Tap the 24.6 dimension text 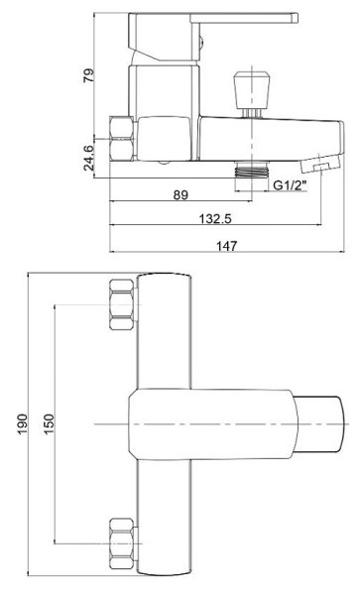[x=88, y=158]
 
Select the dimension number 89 [x=180, y=194]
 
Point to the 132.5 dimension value [x=215, y=219]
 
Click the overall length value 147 [x=227, y=246]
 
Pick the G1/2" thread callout [x=291, y=185]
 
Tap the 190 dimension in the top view [x=23, y=423]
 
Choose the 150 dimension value [x=50, y=423]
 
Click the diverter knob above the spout [x=252, y=88]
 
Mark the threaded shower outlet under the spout [x=252, y=169]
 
